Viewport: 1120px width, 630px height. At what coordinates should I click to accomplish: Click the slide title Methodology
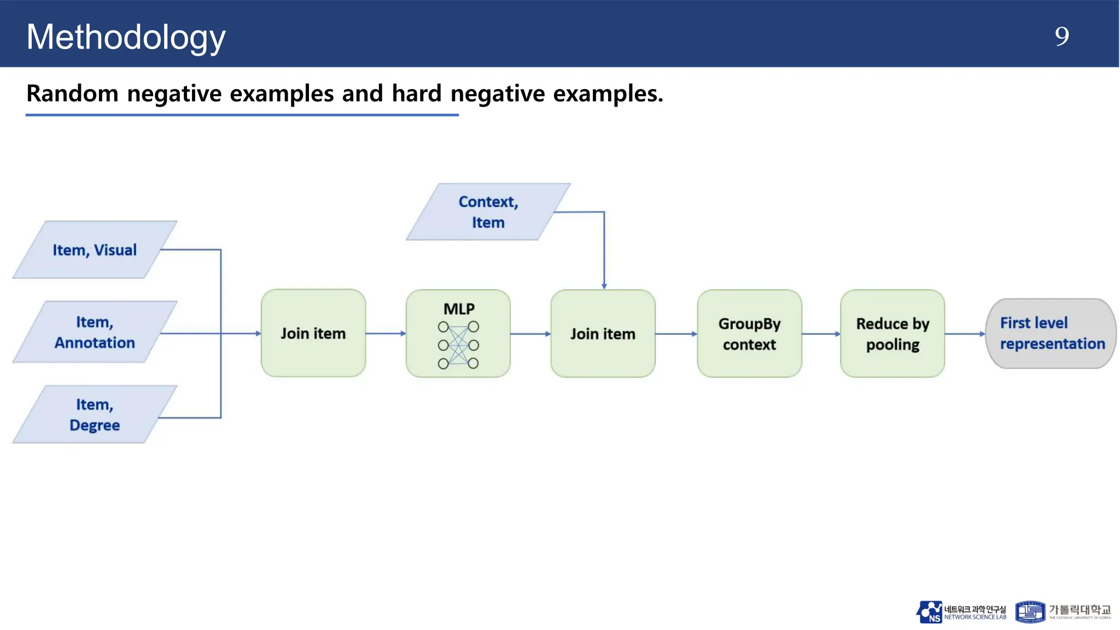tap(126, 37)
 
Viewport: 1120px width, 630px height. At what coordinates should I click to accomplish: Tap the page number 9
tap(1061, 37)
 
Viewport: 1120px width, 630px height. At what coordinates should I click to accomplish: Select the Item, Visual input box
tap(95, 250)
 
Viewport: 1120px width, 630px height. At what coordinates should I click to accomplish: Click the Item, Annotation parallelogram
tap(95, 332)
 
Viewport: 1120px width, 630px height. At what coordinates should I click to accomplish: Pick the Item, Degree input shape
tap(95, 415)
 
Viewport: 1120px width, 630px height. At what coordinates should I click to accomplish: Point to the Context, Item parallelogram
tap(488, 212)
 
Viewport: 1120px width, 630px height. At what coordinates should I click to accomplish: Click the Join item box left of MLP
tap(313, 333)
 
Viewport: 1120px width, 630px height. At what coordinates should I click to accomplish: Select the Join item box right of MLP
tap(603, 334)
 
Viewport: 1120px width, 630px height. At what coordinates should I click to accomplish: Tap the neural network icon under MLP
tap(458, 345)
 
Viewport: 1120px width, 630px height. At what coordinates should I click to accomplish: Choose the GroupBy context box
tap(749, 334)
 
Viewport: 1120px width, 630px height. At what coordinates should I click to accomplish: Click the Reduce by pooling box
tap(892, 334)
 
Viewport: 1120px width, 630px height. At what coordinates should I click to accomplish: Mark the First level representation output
tap(1051, 334)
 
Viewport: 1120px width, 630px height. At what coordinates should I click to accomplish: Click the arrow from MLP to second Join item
tap(530, 334)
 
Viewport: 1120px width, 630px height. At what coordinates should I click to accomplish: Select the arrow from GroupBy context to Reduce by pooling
tap(820, 334)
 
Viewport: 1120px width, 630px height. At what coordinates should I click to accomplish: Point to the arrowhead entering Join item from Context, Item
tap(604, 285)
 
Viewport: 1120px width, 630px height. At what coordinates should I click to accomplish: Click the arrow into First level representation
tap(965, 334)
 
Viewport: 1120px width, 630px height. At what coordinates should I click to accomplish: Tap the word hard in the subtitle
tap(416, 94)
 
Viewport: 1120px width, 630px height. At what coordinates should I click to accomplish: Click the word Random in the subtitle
tap(72, 94)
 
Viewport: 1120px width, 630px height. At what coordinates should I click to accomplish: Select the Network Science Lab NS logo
tap(929, 612)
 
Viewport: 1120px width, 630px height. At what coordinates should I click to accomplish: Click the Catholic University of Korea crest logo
tap(1030, 612)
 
